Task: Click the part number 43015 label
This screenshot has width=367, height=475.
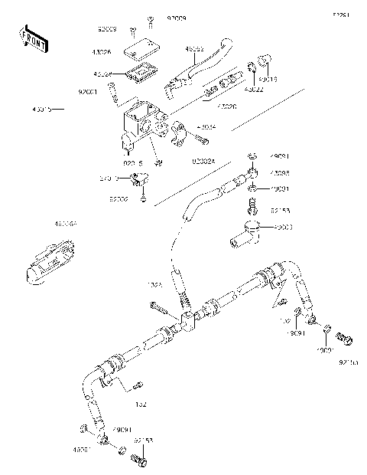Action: pos(43,110)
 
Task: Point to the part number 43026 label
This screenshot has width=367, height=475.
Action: pos(102,52)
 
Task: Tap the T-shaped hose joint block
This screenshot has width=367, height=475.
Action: pos(188,323)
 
